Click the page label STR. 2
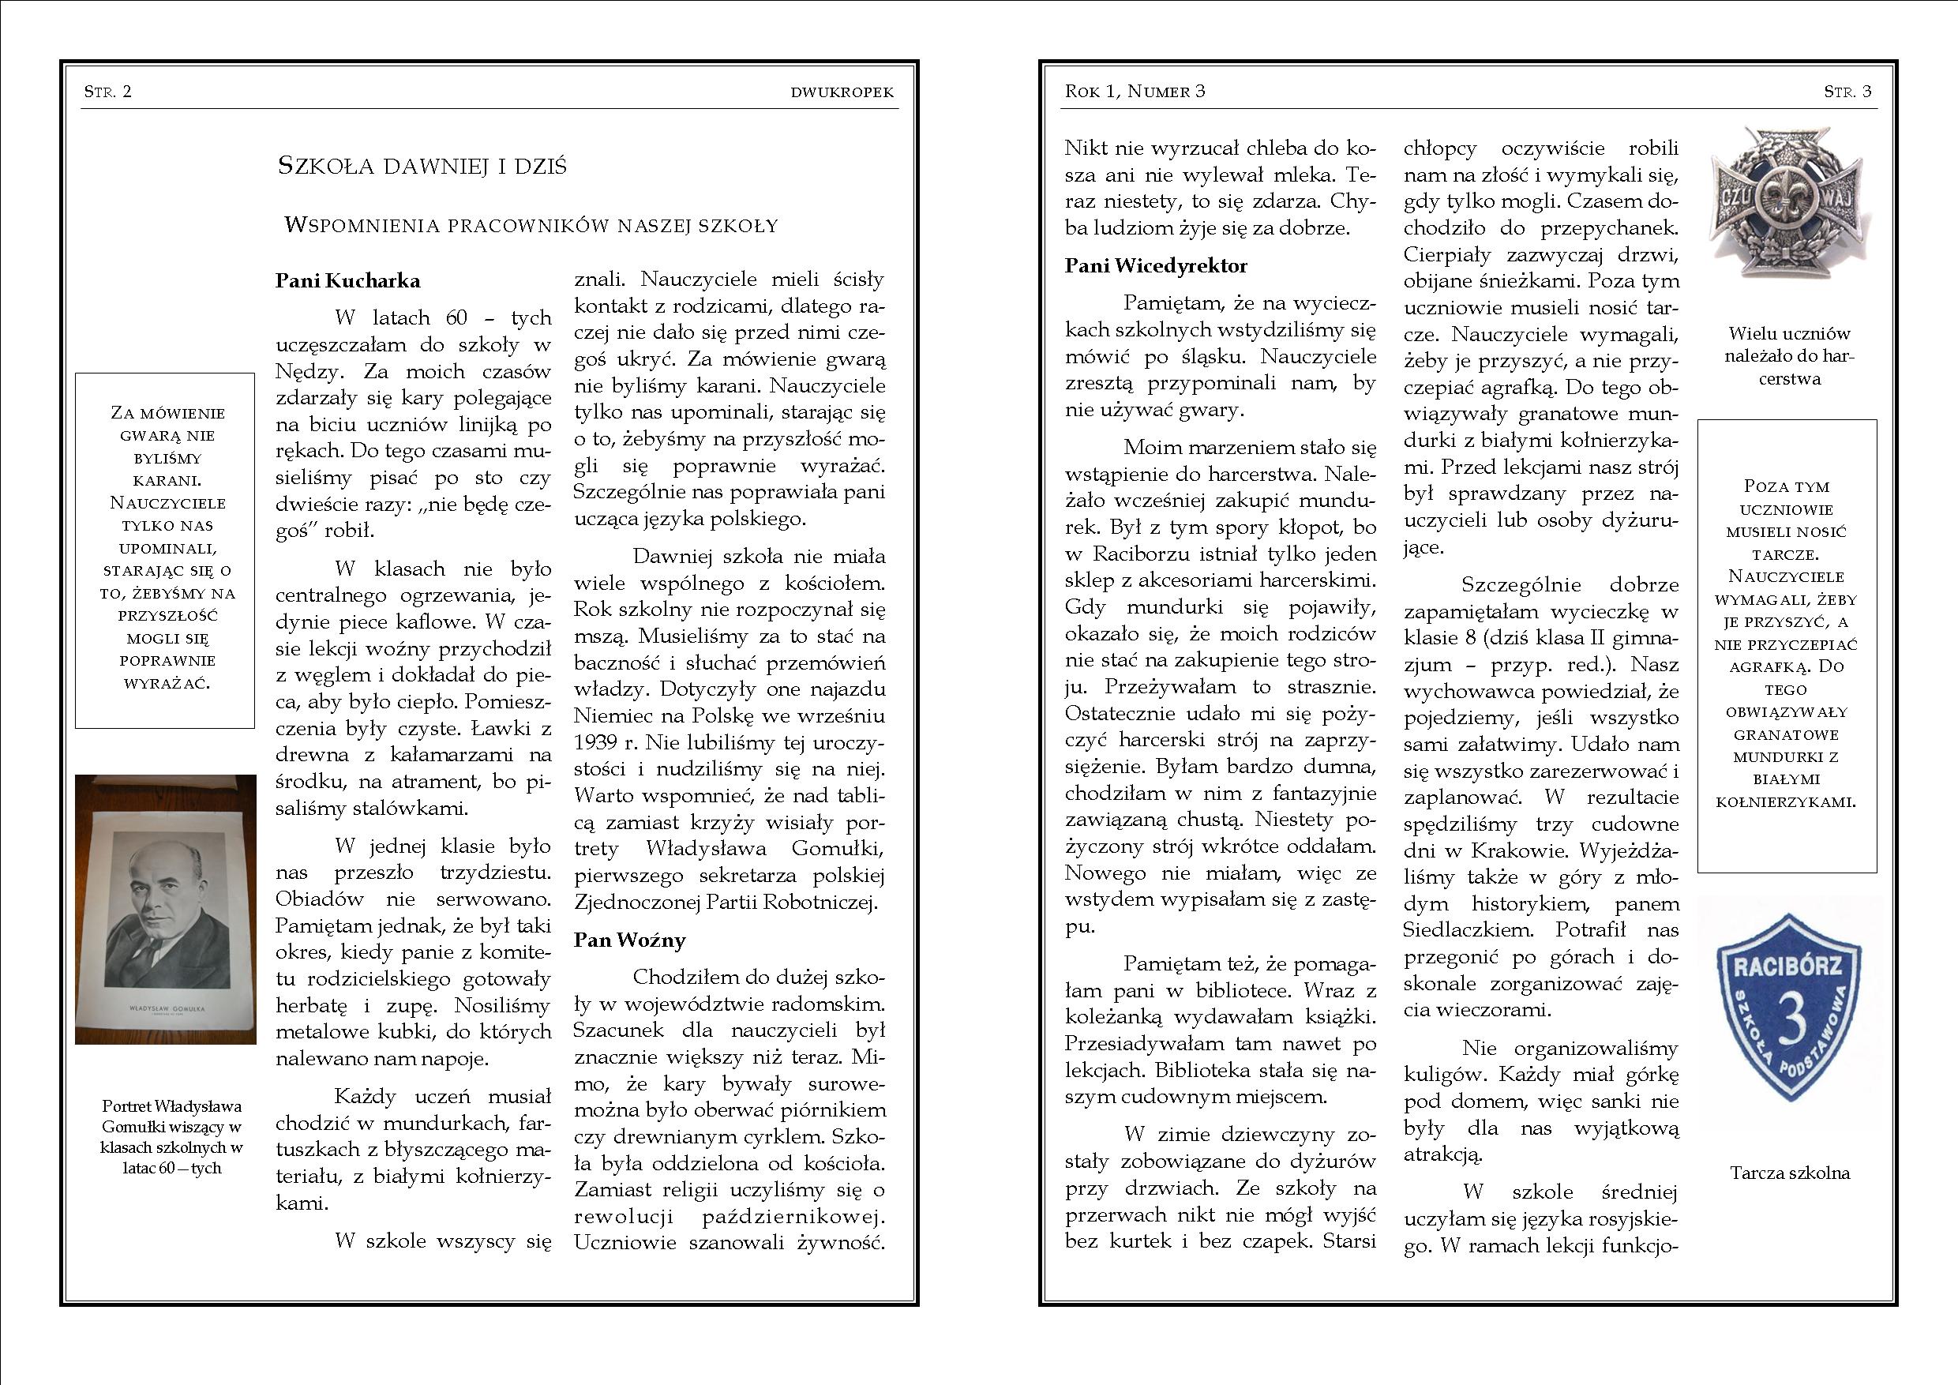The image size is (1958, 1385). click(x=107, y=92)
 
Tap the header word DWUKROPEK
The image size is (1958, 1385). click(x=842, y=93)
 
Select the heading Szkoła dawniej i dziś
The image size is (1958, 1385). click(x=422, y=167)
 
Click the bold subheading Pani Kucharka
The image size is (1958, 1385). click(x=347, y=280)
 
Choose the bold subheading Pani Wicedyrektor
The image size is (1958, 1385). click(x=1156, y=266)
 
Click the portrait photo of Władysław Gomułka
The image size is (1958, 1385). click(x=166, y=908)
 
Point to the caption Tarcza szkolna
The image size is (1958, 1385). click(x=1790, y=1173)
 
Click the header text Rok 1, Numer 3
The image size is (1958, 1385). click(x=1135, y=92)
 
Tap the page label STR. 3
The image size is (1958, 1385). click(x=1847, y=92)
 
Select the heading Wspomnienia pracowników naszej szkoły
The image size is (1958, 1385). click(x=531, y=226)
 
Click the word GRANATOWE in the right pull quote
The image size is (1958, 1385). click(x=1787, y=734)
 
